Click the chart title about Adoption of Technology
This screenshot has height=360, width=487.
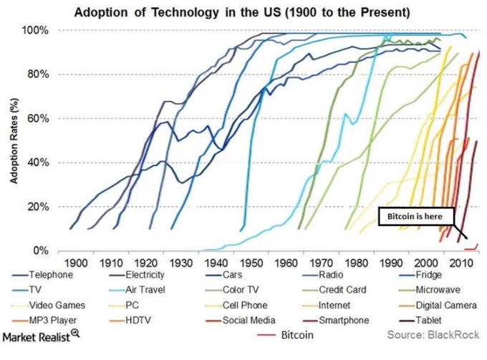coord(242,12)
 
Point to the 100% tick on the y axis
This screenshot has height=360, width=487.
coord(35,30)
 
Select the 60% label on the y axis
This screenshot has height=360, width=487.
coord(38,119)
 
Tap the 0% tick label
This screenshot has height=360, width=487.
coord(41,250)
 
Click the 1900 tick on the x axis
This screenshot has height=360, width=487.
coord(75,263)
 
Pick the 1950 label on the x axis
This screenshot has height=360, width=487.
coord(251,263)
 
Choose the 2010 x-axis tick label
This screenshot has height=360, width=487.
coord(461,263)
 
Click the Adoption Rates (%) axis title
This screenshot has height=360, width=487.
coord(14,141)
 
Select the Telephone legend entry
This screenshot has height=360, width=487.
coord(43,275)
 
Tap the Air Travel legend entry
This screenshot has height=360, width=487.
coord(137,290)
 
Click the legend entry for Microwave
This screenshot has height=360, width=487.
coord(430,290)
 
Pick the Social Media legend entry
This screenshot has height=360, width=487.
coord(241,320)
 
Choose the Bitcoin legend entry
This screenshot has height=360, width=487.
coord(285,335)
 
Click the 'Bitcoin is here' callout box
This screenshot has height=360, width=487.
coord(416,216)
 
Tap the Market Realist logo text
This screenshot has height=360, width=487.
coord(37,337)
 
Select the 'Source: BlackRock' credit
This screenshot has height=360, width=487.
coord(433,335)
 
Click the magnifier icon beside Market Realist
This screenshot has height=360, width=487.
coord(75,333)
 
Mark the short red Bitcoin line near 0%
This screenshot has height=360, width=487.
coord(471,248)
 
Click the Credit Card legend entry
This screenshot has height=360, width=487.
coord(334,290)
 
